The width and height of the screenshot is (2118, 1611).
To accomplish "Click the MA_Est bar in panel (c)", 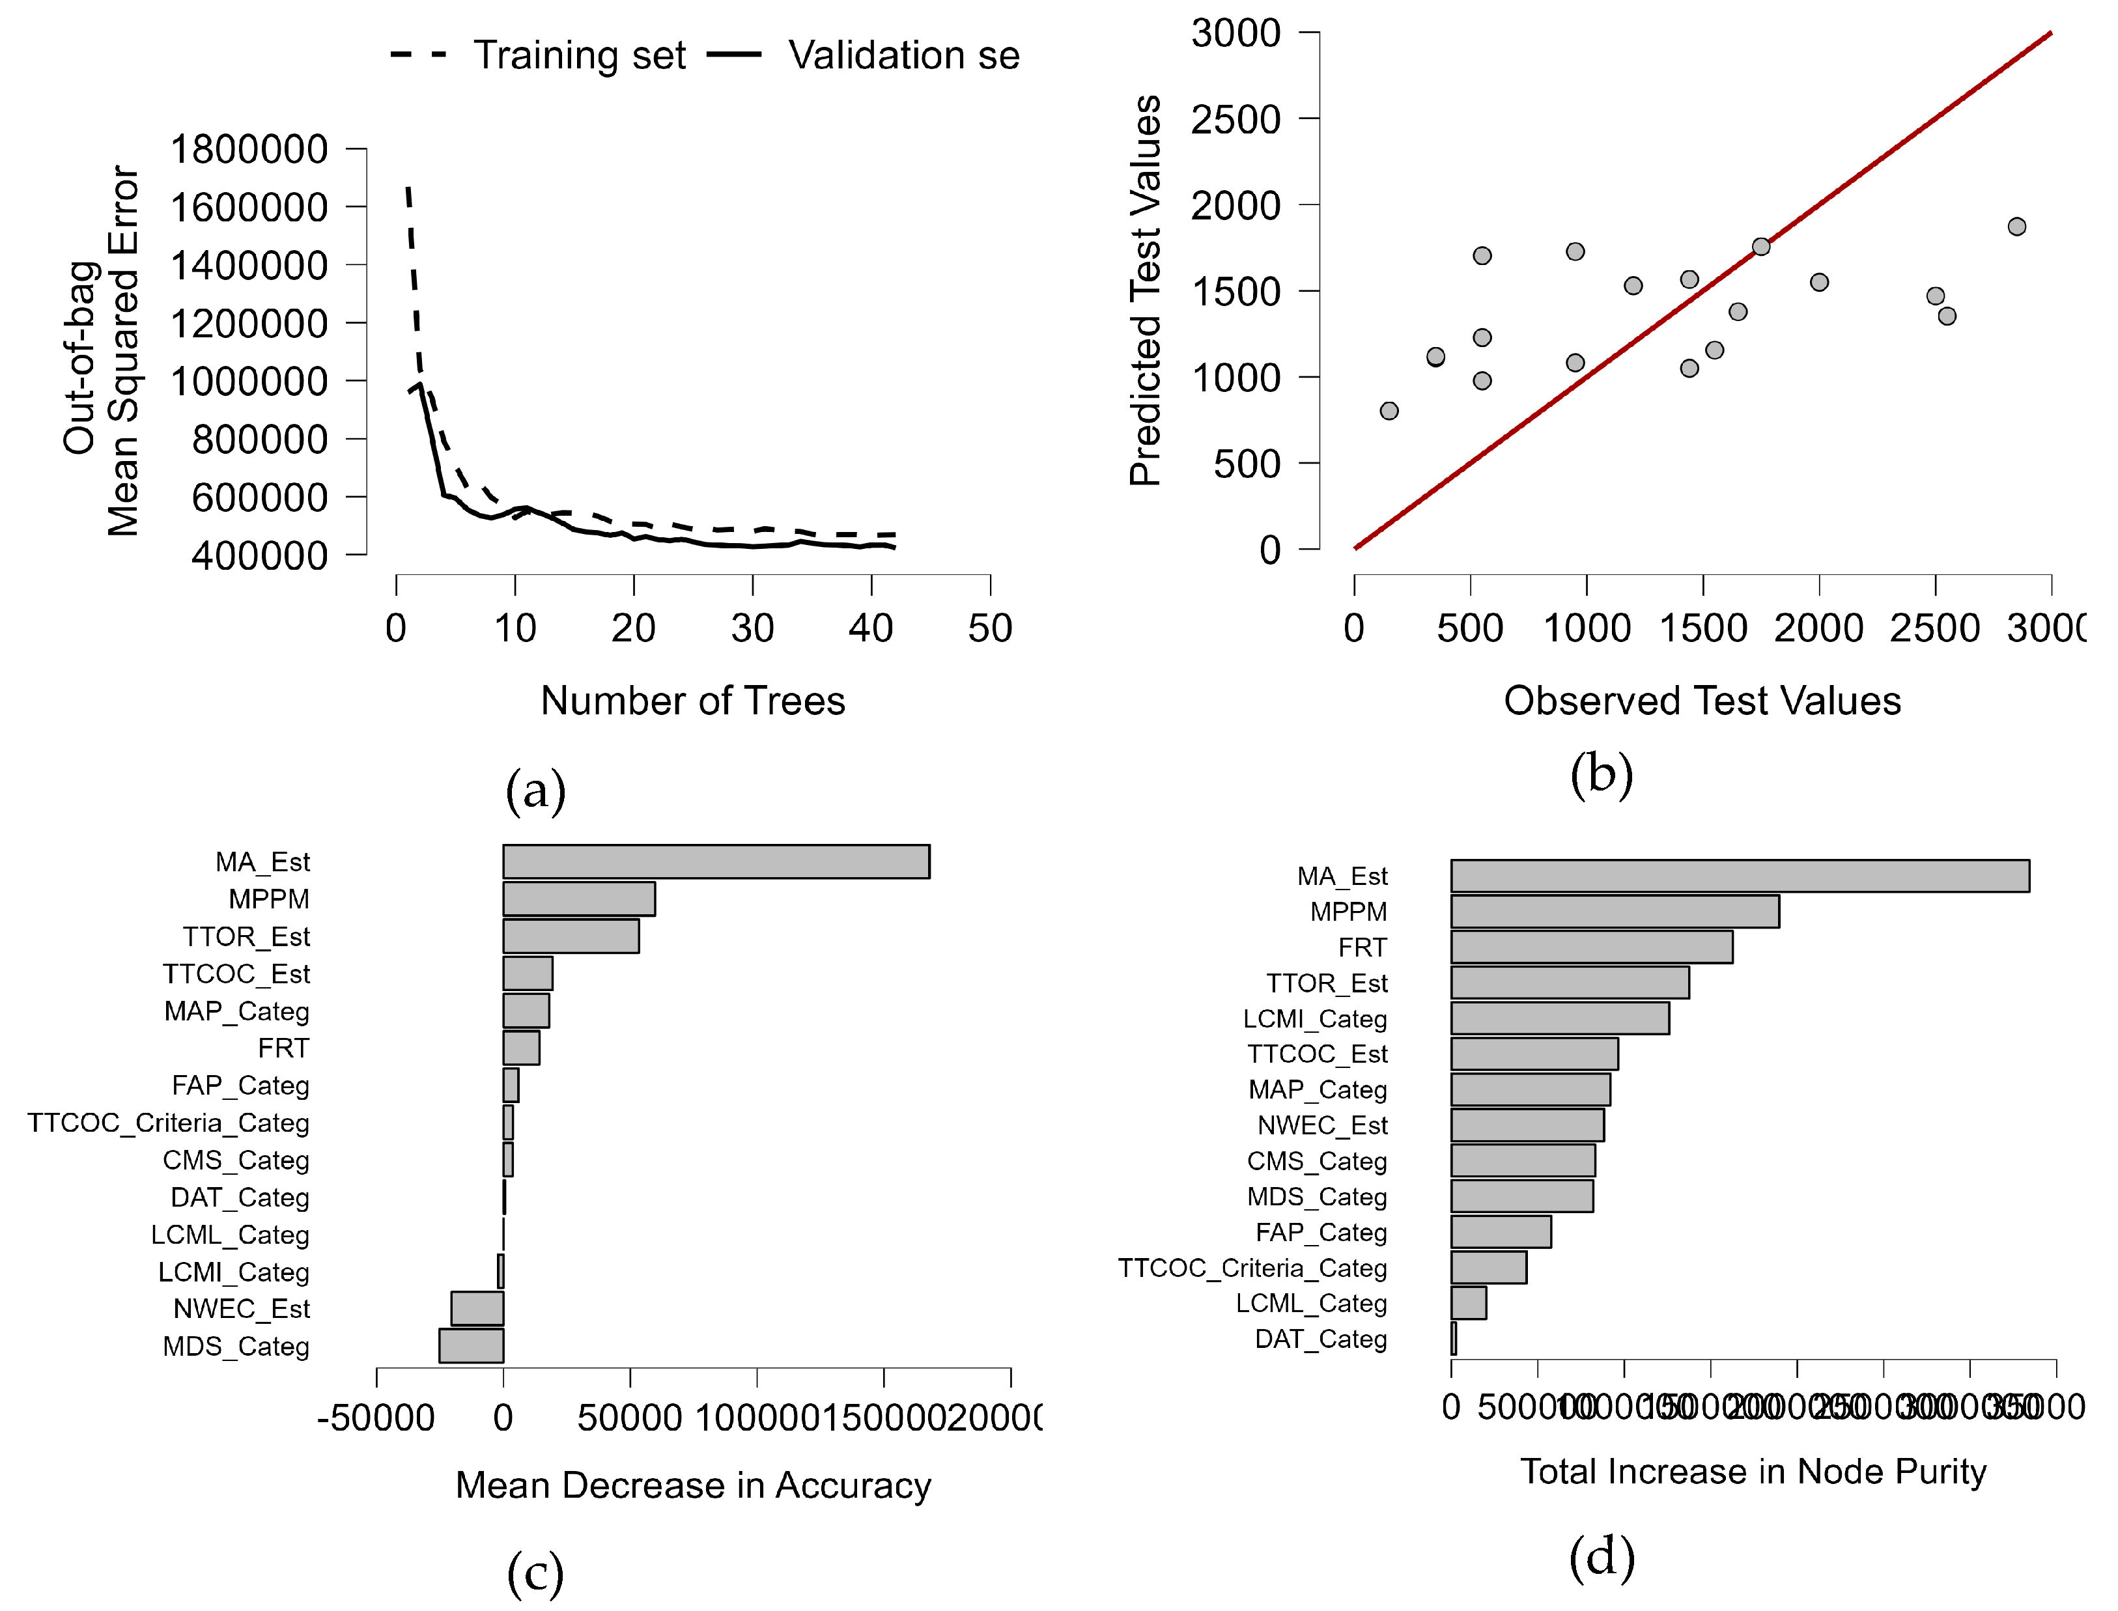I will pyautogui.click(x=716, y=861).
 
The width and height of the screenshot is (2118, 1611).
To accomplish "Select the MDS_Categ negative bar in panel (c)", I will pyautogui.click(x=471, y=1345).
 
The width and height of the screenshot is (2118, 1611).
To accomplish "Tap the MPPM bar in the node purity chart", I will pyautogui.click(x=1615, y=911).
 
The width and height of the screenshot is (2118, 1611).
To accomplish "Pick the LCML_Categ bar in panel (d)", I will pyautogui.click(x=1469, y=1303).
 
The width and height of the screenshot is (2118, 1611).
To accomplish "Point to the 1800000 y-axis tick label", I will pyautogui.click(x=248, y=150).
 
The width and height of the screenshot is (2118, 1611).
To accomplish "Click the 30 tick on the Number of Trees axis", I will pyautogui.click(x=752, y=629).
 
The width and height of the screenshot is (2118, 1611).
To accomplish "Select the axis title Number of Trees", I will pyautogui.click(x=692, y=701).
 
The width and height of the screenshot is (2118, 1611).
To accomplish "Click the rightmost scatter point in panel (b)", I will pyautogui.click(x=2016, y=227).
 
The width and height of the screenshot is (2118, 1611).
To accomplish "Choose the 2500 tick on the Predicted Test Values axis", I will pyautogui.click(x=1235, y=120).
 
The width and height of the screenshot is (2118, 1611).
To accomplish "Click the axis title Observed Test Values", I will pyautogui.click(x=1702, y=701).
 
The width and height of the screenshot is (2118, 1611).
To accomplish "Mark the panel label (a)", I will pyautogui.click(x=535, y=790).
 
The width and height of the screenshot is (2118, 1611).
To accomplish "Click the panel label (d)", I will pyautogui.click(x=1601, y=1556).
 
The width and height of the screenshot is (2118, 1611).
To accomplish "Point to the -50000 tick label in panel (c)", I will pyautogui.click(x=376, y=1418).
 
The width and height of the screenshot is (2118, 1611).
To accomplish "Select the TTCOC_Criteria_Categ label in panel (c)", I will pyautogui.click(x=169, y=1123).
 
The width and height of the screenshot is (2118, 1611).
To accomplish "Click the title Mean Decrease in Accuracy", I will pyautogui.click(x=692, y=1485).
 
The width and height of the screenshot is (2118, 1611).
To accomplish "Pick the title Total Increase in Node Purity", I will pyautogui.click(x=1753, y=1472).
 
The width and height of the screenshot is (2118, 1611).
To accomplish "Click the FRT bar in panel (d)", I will pyautogui.click(x=1591, y=946).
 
